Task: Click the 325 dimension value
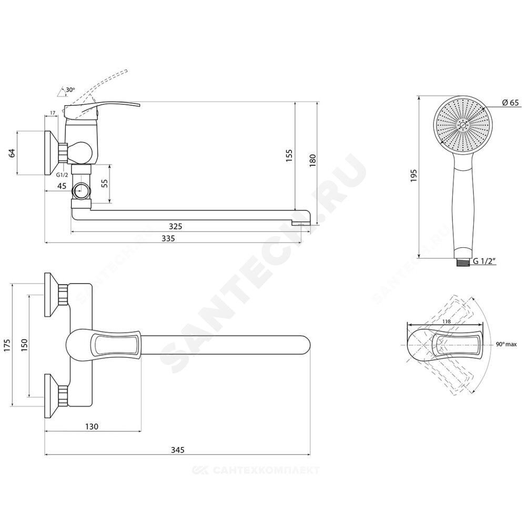click(175, 226)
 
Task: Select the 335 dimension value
click(168, 238)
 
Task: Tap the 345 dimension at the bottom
click(177, 450)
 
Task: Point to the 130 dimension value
click(92, 427)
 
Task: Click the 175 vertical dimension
click(8, 345)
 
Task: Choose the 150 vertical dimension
click(24, 345)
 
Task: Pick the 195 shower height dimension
click(413, 176)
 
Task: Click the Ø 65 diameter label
click(511, 103)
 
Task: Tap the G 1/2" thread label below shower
click(484, 261)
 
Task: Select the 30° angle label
click(70, 90)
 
